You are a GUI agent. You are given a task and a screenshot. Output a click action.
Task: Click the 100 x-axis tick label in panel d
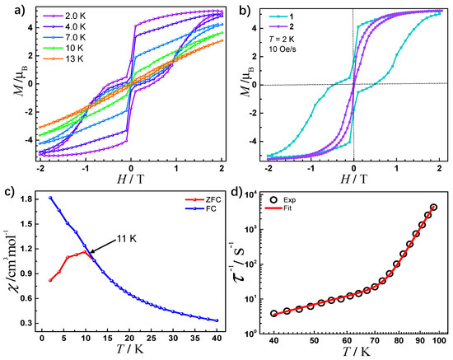[441, 339]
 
